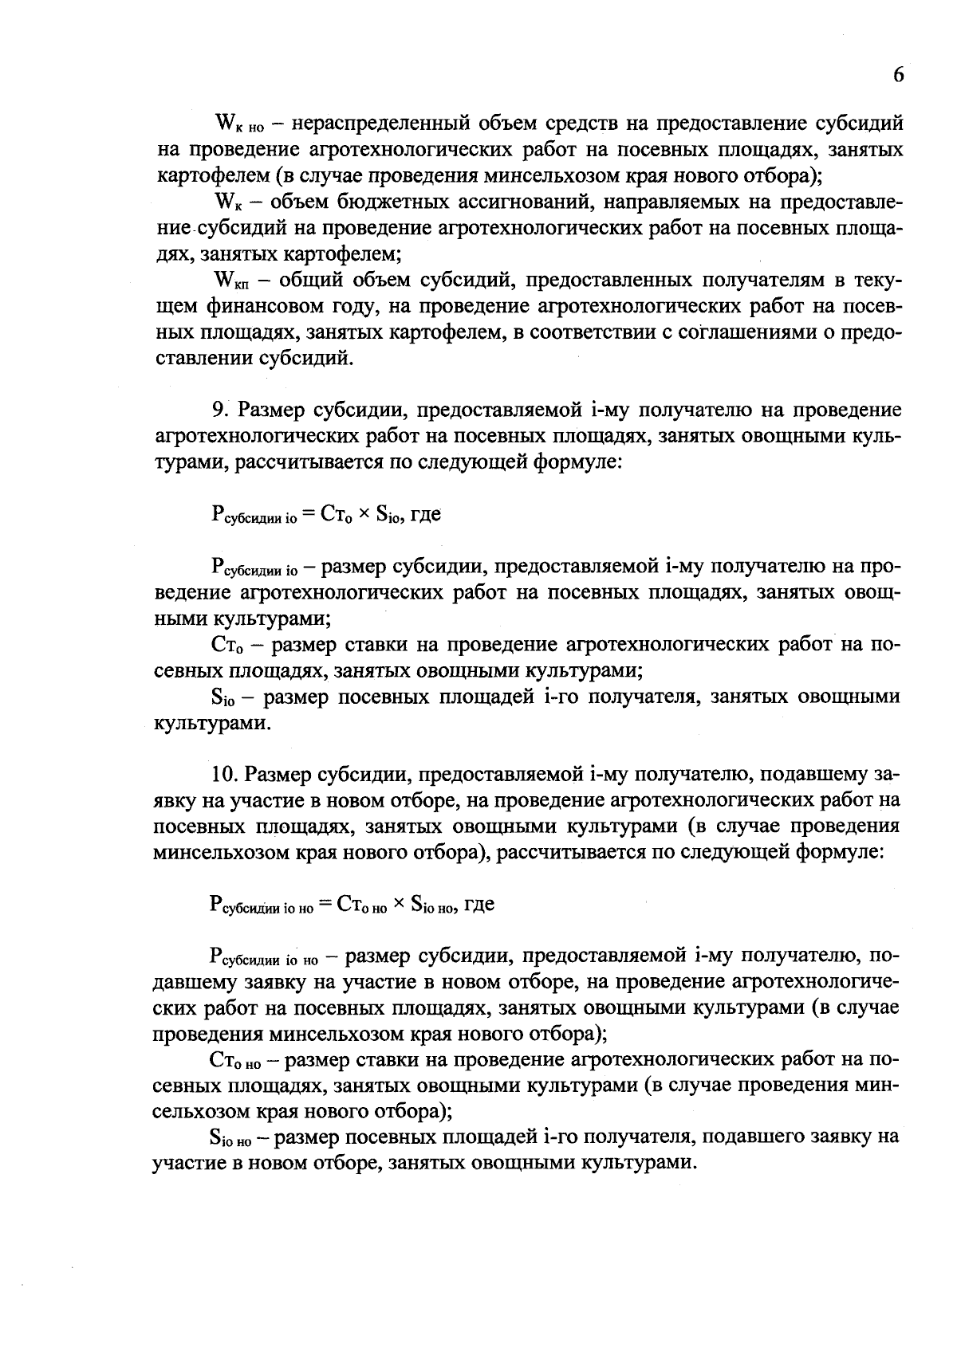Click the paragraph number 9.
(219, 411)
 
